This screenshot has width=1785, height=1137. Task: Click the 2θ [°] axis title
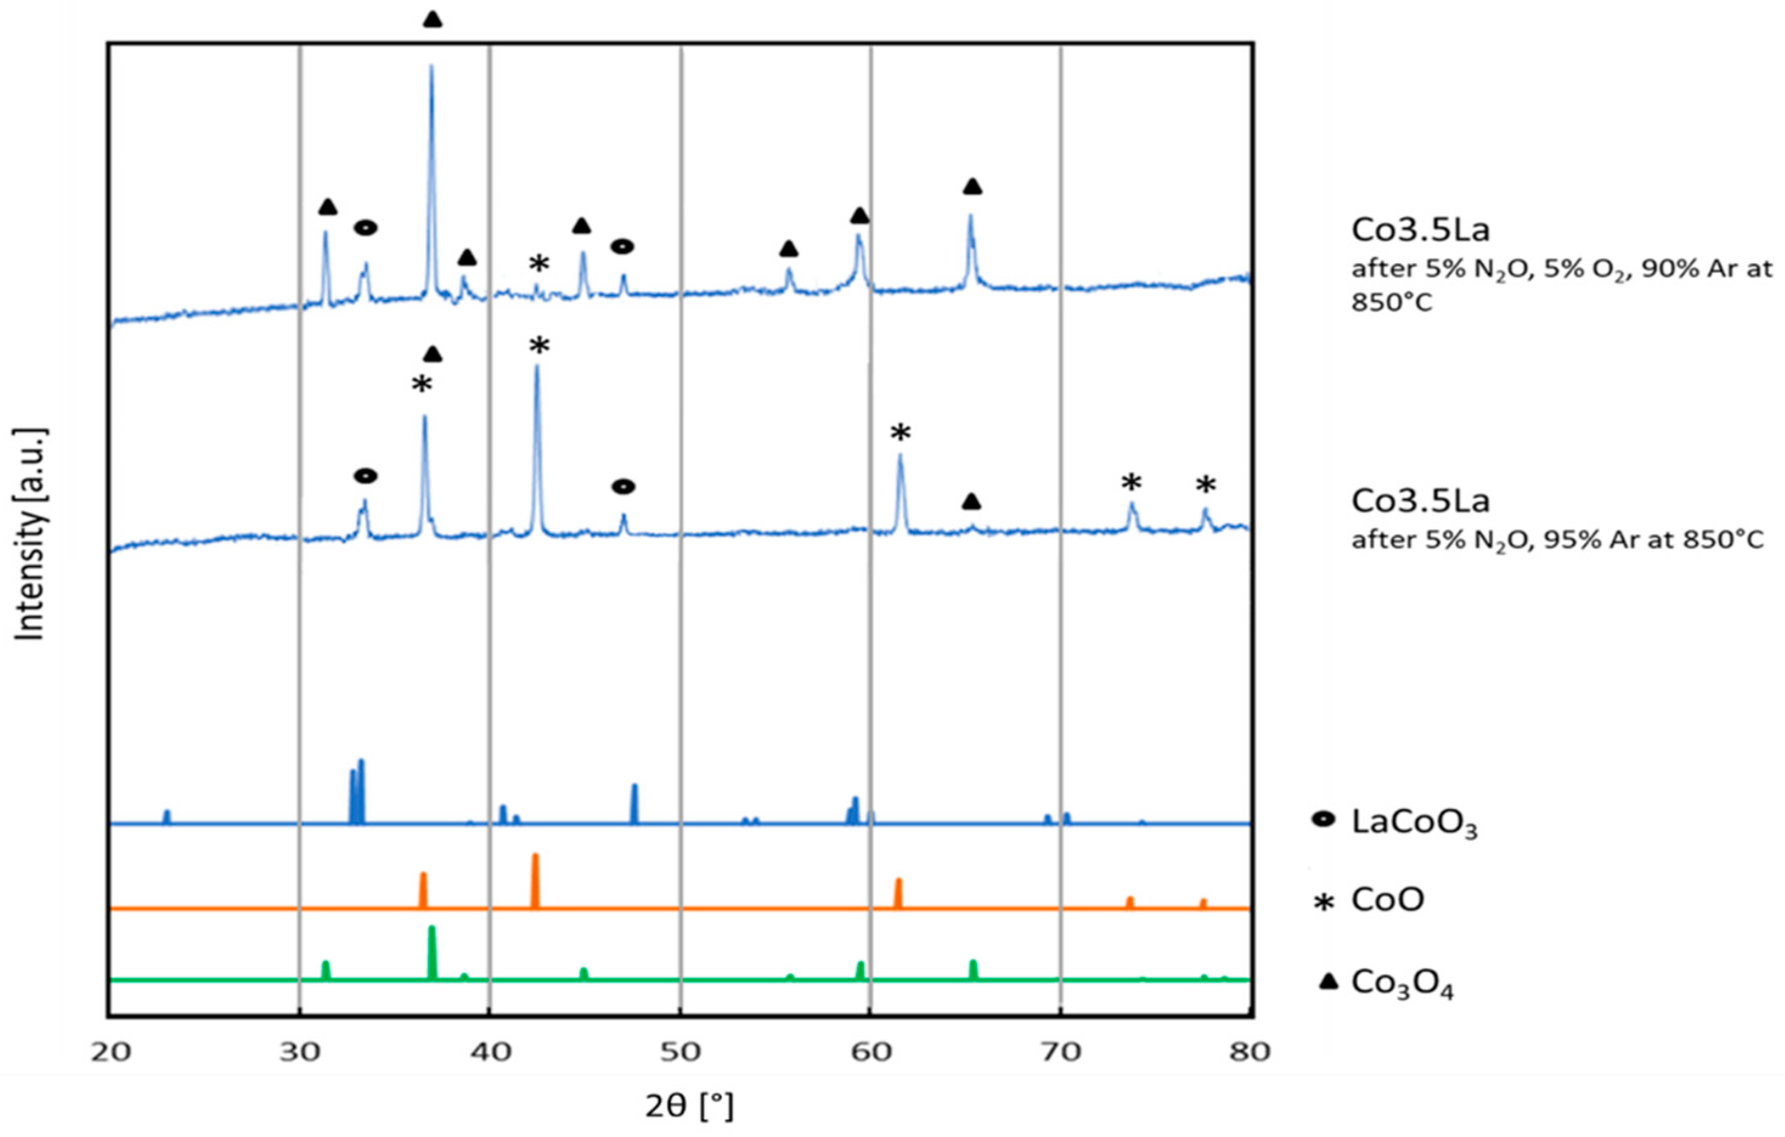[x=689, y=1107]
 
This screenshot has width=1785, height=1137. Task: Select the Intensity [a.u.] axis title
[x=31, y=533]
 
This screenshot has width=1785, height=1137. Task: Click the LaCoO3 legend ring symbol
[x=1322, y=820]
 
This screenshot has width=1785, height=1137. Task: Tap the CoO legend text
[x=1388, y=900]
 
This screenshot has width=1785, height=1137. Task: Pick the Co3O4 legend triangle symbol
[x=1327, y=982]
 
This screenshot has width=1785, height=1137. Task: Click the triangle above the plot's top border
[x=433, y=20]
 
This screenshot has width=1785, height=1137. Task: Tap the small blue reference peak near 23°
[x=167, y=816]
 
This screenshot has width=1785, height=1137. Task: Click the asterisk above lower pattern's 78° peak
[x=1205, y=486]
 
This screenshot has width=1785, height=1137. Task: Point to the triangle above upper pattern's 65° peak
[x=972, y=187]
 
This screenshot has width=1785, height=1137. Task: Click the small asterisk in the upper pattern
[x=539, y=263]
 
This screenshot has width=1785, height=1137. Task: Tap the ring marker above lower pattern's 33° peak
[x=365, y=476]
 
